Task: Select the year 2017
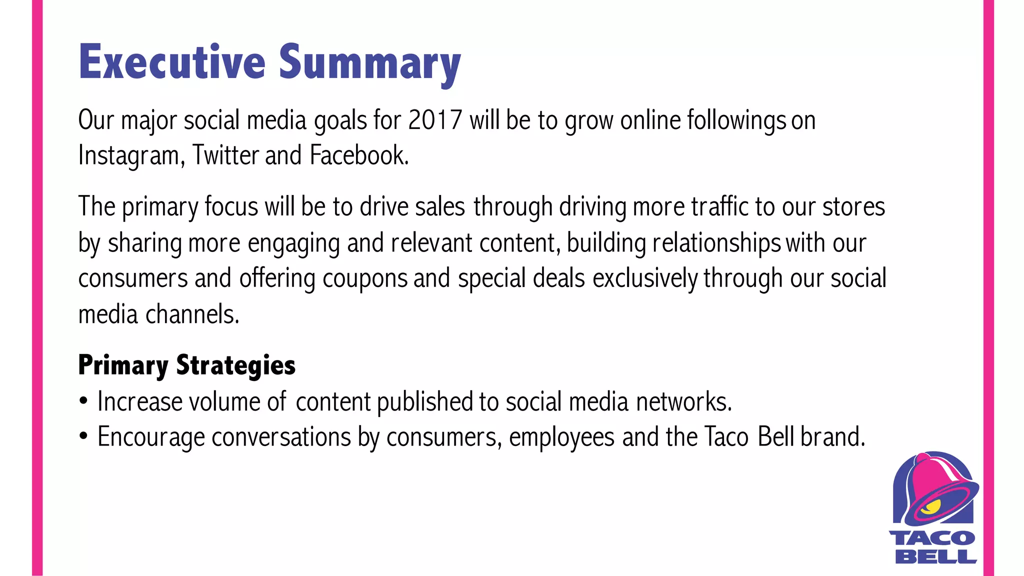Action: click(434, 120)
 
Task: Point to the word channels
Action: click(192, 314)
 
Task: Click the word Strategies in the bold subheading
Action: click(235, 365)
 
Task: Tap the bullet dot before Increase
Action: click(83, 401)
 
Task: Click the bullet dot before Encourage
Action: click(83, 436)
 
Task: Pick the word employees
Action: click(561, 437)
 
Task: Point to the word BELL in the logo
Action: click(935, 556)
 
